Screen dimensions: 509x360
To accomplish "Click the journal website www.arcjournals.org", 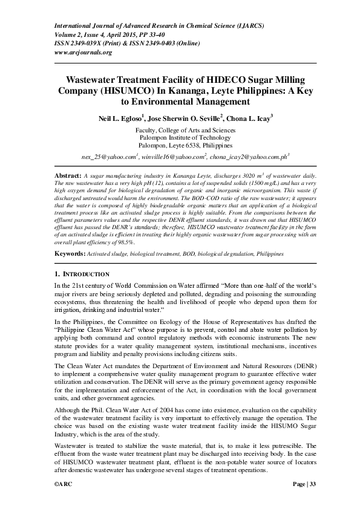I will pyautogui.click(x=83, y=52).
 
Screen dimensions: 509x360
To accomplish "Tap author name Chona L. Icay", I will pyautogui.click(x=248, y=120).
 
